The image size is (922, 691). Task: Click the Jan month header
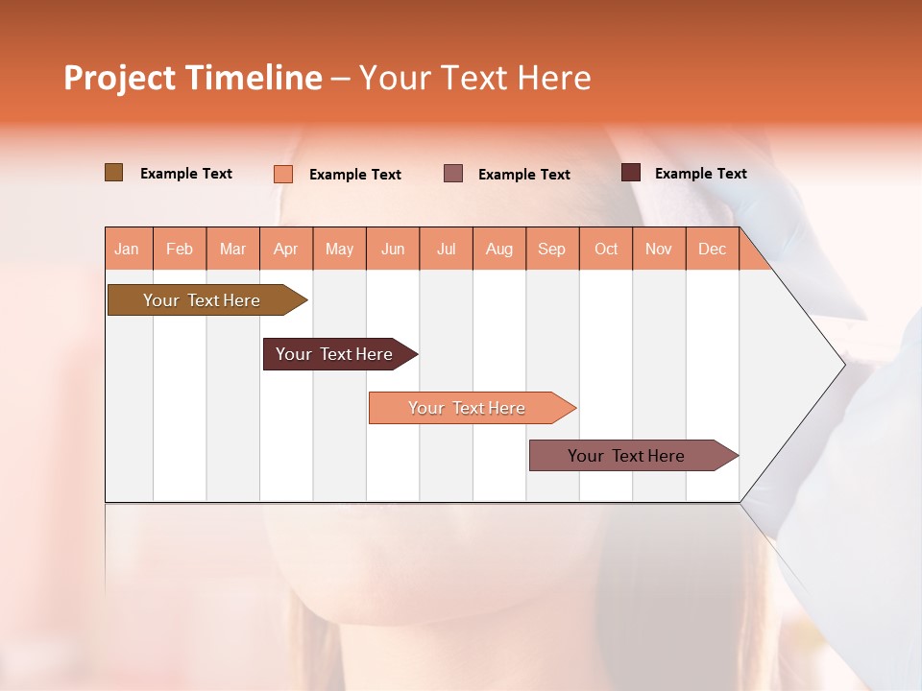point(127,250)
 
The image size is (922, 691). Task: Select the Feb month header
point(180,250)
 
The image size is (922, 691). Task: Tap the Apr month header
point(285,250)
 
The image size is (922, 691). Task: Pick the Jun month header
point(393,250)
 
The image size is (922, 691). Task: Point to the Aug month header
point(498,250)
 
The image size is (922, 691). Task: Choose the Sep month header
point(551,250)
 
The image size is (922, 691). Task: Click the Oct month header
point(606,250)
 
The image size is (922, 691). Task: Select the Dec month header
point(712,250)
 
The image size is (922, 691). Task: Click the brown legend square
point(114,173)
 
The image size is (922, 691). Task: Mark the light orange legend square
point(283,174)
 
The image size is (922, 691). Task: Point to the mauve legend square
point(453,174)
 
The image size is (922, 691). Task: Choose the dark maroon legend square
point(631,173)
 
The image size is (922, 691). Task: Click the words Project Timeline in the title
point(192,78)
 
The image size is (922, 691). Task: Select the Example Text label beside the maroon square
point(700,174)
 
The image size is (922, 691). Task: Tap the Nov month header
point(659,250)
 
